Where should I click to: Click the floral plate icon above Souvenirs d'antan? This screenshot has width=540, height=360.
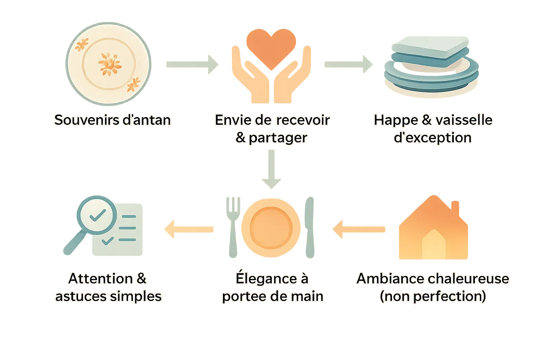(108, 64)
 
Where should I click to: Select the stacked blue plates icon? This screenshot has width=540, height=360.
(431, 65)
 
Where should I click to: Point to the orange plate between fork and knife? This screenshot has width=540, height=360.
(271, 228)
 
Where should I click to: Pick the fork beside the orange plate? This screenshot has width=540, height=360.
(232, 225)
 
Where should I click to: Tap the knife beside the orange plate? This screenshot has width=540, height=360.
(309, 227)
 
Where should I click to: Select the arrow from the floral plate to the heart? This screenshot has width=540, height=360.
(193, 64)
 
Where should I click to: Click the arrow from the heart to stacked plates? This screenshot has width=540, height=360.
(348, 64)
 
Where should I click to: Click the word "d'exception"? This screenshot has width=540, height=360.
(432, 138)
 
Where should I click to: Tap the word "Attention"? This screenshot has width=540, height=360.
(100, 279)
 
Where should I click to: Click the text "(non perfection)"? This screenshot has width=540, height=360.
(432, 296)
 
